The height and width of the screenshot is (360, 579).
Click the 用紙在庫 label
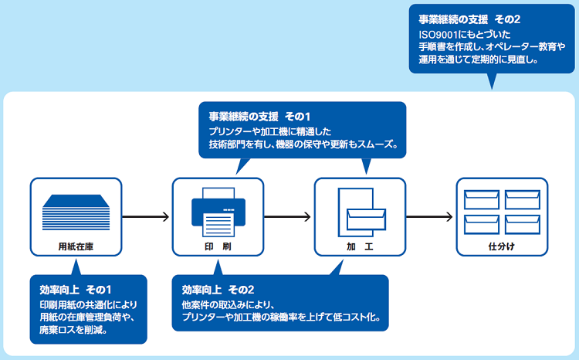click(x=76, y=246)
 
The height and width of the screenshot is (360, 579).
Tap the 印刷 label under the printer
click(x=217, y=246)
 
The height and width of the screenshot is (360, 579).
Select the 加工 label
click(x=360, y=246)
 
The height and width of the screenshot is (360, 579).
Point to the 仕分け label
click(x=502, y=246)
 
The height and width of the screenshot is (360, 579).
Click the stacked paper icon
click(x=76, y=211)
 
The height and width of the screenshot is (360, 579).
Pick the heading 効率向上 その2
click(x=218, y=289)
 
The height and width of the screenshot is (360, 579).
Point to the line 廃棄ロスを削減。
click(x=73, y=330)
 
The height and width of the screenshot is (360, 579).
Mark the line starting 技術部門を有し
click(x=302, y=145)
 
